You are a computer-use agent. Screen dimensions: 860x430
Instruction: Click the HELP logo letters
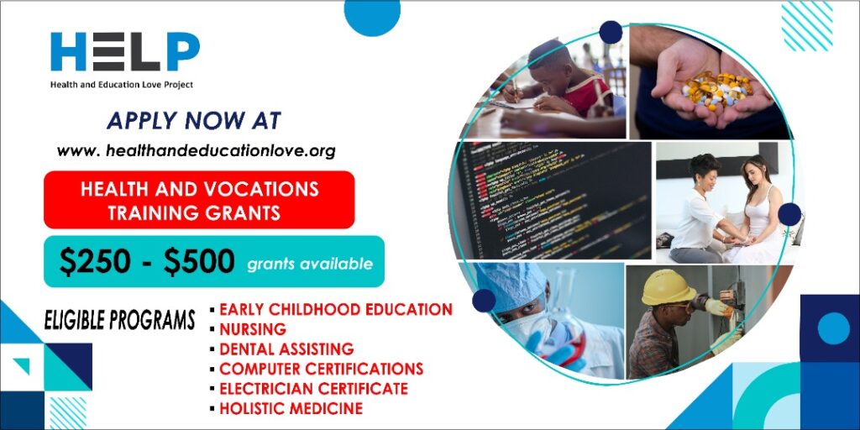[125, 51]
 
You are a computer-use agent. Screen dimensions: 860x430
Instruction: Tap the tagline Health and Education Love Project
[122, 85]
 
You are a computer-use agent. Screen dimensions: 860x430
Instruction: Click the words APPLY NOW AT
[194, 121]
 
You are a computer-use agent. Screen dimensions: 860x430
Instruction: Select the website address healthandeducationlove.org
[196, 151]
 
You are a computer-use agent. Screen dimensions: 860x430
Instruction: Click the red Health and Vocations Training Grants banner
[199, 200]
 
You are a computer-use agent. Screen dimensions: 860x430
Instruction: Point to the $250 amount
[95, 262]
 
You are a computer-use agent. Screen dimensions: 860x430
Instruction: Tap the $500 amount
[199, 262]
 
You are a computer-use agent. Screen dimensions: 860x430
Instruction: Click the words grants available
[310, 265]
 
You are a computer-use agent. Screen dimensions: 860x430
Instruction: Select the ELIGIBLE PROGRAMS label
[119, 320]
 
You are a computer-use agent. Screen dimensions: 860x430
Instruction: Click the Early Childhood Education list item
[336, 309]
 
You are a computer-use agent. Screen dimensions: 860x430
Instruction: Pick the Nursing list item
[253, 329]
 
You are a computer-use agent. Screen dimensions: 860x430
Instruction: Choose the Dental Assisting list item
[286, 349]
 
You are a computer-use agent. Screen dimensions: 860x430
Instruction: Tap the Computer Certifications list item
[322, 369]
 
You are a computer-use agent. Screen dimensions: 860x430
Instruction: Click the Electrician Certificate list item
[314, 388]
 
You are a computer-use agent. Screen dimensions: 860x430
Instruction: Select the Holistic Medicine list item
[291, 408]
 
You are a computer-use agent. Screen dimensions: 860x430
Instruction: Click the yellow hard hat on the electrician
[668, 287]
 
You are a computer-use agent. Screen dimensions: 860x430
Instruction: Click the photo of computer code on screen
[550, 200]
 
